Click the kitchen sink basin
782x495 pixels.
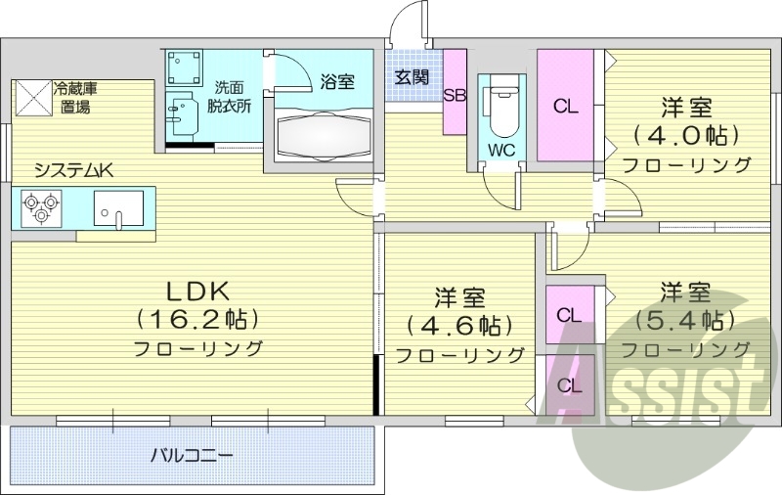(x=118, y=207)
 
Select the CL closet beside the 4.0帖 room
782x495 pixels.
(x=566, y=106)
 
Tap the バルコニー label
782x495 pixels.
(x=192, y=456)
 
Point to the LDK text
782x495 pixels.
(x=196, y=291)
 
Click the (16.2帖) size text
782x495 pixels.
(x=196, y=318)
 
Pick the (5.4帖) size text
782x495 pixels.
(x=684, y=320)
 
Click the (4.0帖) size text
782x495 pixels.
(x=685, y=134)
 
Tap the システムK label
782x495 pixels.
(x=74, y=170)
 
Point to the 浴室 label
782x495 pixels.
(x=337, y=82)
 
